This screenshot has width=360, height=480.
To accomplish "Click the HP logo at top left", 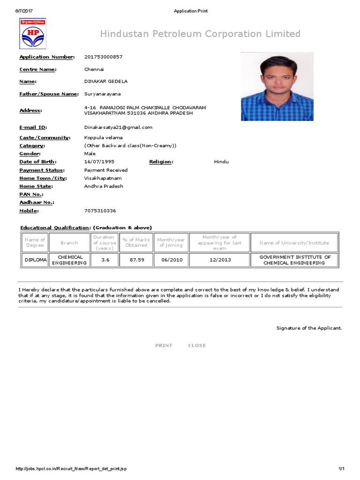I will click(32, 34).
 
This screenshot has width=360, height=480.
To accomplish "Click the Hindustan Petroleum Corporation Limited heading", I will click(200, 34).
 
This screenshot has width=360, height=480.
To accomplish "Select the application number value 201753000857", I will click(103, 57).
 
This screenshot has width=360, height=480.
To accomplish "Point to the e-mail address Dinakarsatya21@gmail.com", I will click(118, 127).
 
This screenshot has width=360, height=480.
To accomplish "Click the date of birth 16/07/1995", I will click(99, 162).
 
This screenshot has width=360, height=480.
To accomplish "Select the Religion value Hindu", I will click(221, 162).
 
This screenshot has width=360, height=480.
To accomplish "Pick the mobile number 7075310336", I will click(100, 211).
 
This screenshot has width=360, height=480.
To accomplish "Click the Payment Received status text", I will click(105, 170).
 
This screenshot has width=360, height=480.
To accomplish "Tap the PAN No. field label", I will click(31, 194).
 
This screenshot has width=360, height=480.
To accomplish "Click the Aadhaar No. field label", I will click(37, 202).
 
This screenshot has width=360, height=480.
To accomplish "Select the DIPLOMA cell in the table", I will click(35, 260).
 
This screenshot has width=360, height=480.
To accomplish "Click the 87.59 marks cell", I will click(136, 260).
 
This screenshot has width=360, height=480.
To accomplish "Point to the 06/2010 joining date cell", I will click(171, 260).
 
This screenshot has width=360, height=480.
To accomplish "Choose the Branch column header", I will click(69, 243).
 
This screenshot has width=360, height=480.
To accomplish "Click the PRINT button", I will click(164, 345).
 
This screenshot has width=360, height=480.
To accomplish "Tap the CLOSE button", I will click(197, 345).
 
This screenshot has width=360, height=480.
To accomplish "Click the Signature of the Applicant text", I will click(309, 328).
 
